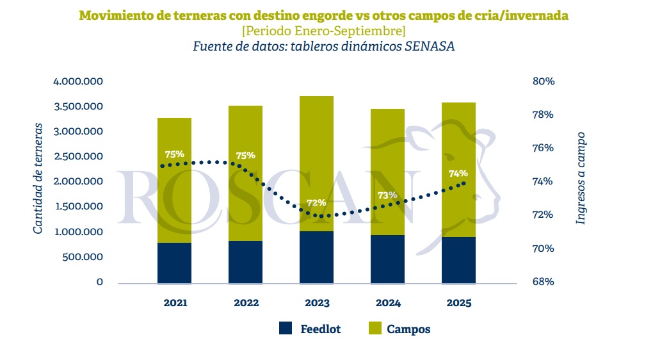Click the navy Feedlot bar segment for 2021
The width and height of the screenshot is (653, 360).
point(174,263)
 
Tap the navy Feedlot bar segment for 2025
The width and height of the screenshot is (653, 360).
point(458,260)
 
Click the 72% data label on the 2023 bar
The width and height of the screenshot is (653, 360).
point(316,202)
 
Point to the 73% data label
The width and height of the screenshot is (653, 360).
point(387,195)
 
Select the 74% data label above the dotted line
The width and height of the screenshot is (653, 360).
point(458,173)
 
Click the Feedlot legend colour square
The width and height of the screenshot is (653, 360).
point(286,329)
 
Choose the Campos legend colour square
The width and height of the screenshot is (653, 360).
point(375,329)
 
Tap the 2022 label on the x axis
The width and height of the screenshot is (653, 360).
point(245,302)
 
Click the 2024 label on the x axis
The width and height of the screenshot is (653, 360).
point(387,302)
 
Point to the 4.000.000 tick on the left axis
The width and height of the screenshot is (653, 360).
point(78,81)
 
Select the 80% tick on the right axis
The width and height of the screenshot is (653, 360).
point(543,81)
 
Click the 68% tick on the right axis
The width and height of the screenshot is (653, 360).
point(543,282)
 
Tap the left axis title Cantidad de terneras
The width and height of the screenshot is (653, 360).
point(38,177)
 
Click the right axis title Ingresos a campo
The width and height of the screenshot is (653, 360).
point(581,177)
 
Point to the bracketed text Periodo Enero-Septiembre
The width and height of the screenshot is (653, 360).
point(323,31)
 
